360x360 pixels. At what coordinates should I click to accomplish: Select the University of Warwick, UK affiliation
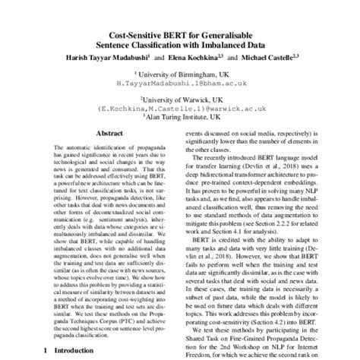click(x=181, y=98)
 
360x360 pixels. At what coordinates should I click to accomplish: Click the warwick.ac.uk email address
click(x=179, y=108)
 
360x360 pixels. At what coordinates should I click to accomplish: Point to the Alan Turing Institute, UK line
click(x=181, y=117)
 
